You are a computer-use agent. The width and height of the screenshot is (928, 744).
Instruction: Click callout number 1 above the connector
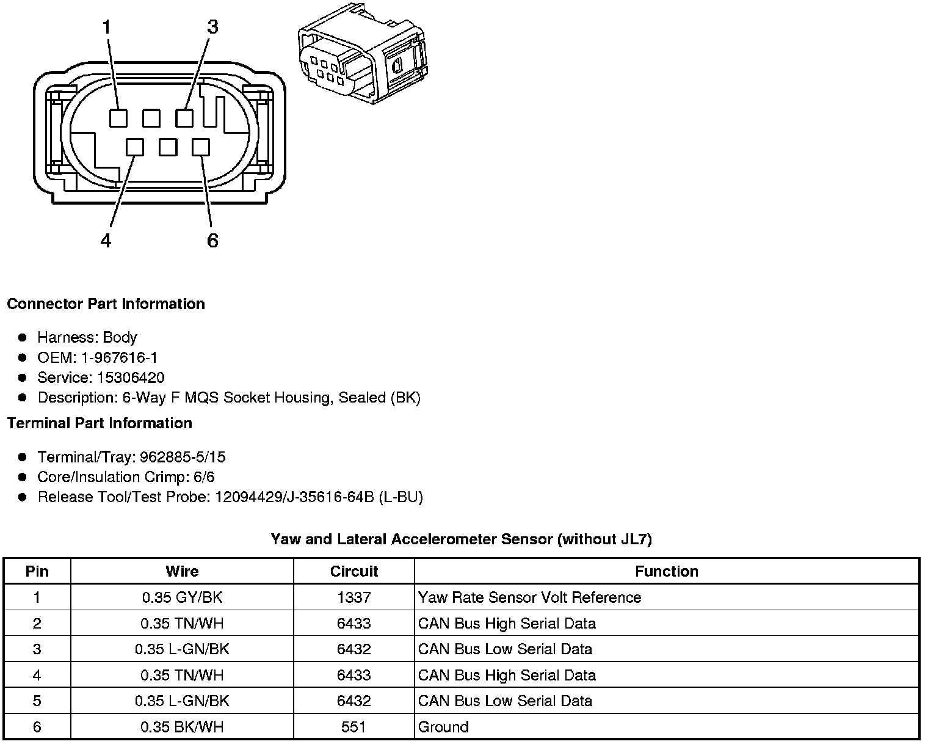pyautogui.click(x=107, y=27)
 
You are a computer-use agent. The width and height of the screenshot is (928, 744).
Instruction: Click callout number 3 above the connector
pyautogui.click(x=212, y=27)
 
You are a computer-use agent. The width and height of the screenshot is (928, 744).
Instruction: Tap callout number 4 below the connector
pyautogui.click(x=106, y=241)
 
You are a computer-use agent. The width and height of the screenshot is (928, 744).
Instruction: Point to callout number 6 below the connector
pyautogui.click(x=212, y=241)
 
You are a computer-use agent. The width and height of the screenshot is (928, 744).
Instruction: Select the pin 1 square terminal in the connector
pyautogui.click(x=118, y=117)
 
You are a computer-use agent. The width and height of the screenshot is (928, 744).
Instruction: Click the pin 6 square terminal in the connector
pyautogui.click(x=201, y=147)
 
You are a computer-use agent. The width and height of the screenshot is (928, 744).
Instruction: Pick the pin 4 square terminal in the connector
pyautogui.click(x=135, y=147)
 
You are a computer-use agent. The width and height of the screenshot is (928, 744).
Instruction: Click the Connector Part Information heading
pyautogui.click(x=106, y=304)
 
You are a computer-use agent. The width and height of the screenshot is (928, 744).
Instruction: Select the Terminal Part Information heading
pyautogui.click(x=100, y=423)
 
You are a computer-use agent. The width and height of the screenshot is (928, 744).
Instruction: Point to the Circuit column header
pyautogui.click(x=353, y=571)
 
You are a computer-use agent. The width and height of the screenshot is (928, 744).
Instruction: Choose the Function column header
pyautogui.click(x=666, y=571)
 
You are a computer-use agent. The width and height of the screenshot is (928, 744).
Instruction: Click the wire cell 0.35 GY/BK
pyautogui.click(x=182, y=597)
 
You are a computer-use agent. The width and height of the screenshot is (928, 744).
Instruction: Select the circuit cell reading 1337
pyautogui.click(x=353, y=597)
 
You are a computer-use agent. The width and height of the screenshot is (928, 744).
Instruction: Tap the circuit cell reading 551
pyautogui.click(x=353, y=727)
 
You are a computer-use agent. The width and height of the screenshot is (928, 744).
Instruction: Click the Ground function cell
pyautogui.click(x=443, y=727)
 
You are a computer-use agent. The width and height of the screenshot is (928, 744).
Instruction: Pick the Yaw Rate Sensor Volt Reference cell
pyautogui.click(x=529, y=597)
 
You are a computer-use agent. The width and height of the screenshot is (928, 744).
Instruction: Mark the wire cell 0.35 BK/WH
pyautogui.click(x=182, y=727)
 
